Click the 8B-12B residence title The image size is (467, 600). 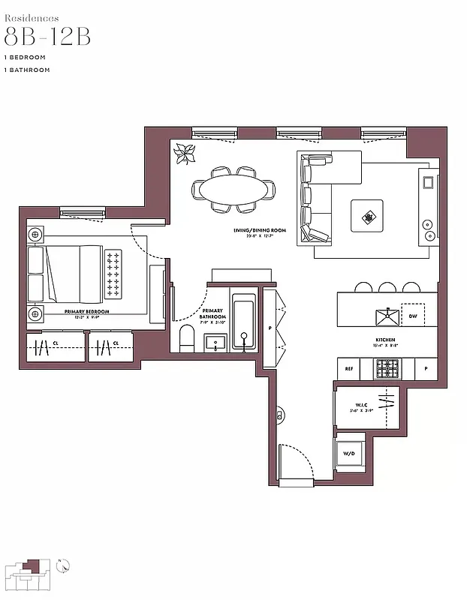[47, 37]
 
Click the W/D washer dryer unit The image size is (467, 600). [349, 453]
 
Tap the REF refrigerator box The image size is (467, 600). [348, 369]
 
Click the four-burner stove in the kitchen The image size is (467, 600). [387, 369]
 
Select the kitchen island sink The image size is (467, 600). [387, 316]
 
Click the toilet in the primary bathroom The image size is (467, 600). [188, 338]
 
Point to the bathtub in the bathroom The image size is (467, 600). [243, 323]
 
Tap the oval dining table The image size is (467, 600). [233, 187]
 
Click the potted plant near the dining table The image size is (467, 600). [184, 154]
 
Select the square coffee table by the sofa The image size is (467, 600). [367, 217]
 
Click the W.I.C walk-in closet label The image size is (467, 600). [364, 406]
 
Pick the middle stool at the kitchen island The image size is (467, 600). [387, 287]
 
